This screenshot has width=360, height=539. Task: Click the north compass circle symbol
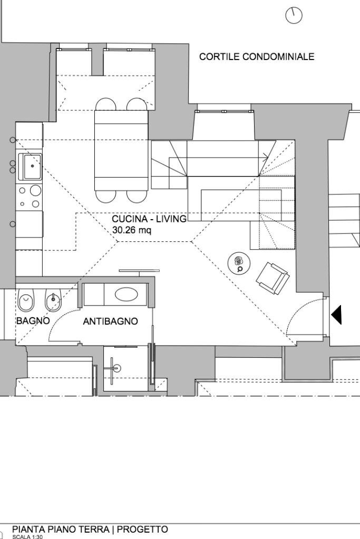pyautogui.click(x=294, y=15)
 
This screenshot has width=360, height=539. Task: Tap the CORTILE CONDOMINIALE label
pyautogui.click(x=256, y=57)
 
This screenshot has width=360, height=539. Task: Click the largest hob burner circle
pyautogui.click(x=36, y=190)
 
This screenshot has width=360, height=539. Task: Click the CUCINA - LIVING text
pyautogui.click(x=149, y=219)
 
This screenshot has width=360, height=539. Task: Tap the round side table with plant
pyautogui.click(x=239, y=263)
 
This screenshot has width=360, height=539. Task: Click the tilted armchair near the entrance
pyautogui.click(x=272, y=277)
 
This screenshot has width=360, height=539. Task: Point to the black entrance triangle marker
pyautogui.click(x=336, y=315)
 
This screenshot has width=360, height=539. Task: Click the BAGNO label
pyautogui.click(x=33, y=320)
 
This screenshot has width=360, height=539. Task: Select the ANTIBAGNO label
pyautogui.click(x=111, y=321)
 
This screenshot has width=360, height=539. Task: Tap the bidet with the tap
pyautogui.click(x=53, y=302)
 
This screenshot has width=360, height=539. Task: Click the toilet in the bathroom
pyautogui.click(x=25, y=302)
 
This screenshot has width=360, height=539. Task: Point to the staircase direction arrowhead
pyautogui.click(x=266, y=156)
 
